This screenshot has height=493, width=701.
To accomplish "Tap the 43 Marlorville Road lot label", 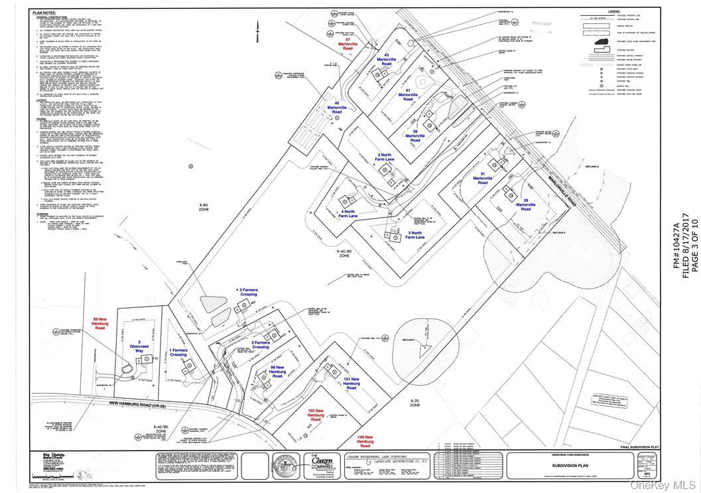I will click(401, 59).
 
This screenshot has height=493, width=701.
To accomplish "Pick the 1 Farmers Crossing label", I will click(178, 352).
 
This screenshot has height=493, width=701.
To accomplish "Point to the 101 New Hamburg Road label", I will click(351, 383).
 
